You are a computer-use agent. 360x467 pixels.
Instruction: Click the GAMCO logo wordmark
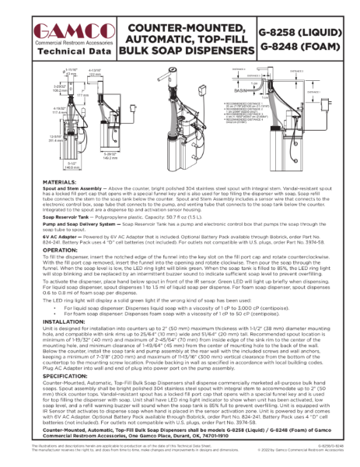pos(68,30)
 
